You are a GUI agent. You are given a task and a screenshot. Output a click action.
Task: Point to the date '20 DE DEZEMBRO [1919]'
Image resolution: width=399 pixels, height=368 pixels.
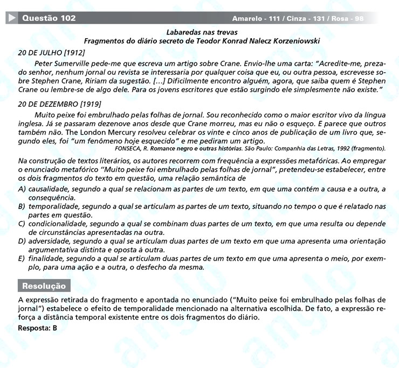tap(59, 104)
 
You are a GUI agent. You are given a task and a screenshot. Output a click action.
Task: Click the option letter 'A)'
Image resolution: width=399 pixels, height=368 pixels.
tap(22, 190)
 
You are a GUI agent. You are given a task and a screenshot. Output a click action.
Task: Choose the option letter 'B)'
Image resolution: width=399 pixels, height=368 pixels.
tap(22, 206)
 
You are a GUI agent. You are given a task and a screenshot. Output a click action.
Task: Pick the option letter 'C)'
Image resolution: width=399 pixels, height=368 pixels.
tap(22, 223)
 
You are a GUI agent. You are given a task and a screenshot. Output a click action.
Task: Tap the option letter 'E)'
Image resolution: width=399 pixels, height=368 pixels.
tap(22, 258)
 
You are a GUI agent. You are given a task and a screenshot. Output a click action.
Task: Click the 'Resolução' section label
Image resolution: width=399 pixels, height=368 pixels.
tap(44, 286)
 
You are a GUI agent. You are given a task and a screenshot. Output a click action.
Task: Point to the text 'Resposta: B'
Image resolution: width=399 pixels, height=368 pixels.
tap(37, 328)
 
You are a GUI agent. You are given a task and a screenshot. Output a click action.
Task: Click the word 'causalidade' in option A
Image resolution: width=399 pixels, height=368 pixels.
tap(49, 190)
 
